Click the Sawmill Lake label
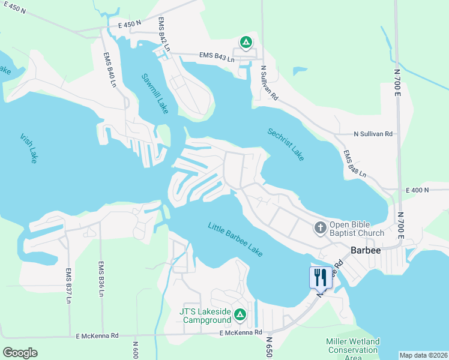coord(155,94)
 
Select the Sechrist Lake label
coord(286,145)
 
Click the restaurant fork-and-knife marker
coord(320,277)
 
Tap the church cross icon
coord(321,227)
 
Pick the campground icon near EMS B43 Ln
coord(246,42)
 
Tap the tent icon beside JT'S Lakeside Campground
coord(240,314)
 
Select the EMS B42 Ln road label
coord(164,35)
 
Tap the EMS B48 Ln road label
coord(355,165)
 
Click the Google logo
coord(20,352)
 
